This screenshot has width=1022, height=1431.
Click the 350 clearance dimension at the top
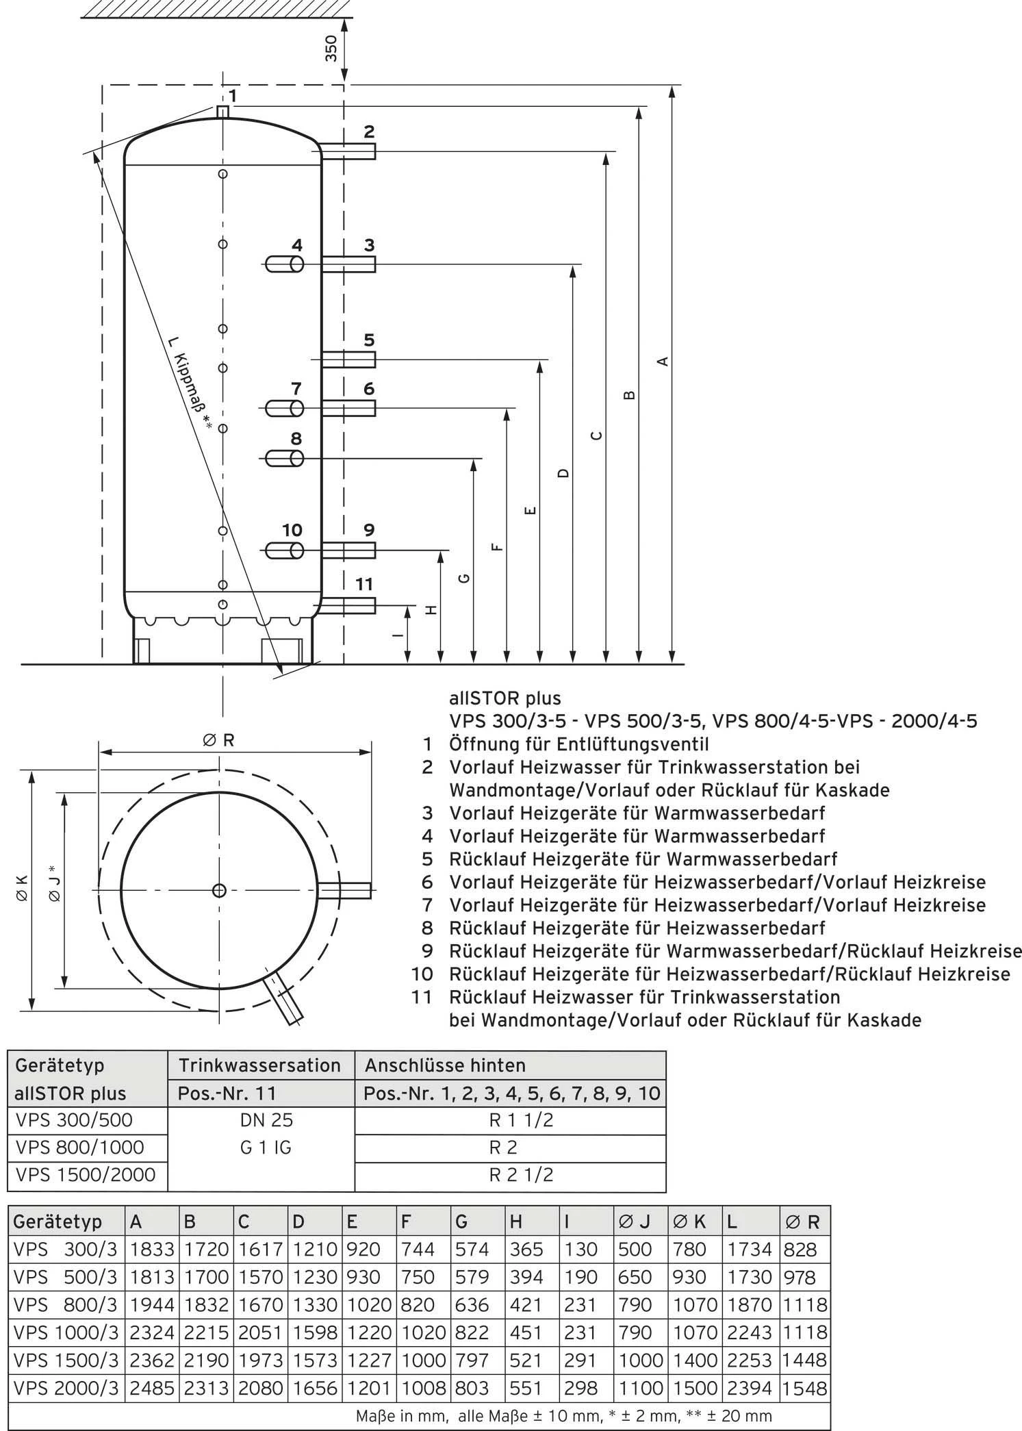click(x=331, y=49)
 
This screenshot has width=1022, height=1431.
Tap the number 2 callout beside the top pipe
click(x=369, y=131)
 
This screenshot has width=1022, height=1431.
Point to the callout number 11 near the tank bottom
click(x=364, y=583)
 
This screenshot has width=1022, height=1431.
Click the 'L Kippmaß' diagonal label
click(x=190, y=383)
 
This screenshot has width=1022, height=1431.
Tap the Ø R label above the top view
click(x=218, y=740)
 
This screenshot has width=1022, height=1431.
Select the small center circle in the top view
click(x=219, y=890)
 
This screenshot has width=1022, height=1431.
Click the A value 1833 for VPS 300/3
click(x=151, y=1250)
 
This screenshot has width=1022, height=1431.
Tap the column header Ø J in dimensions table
click(x=635, y=1222)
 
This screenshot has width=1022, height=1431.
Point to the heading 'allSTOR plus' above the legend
click(x=504, y=698)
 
